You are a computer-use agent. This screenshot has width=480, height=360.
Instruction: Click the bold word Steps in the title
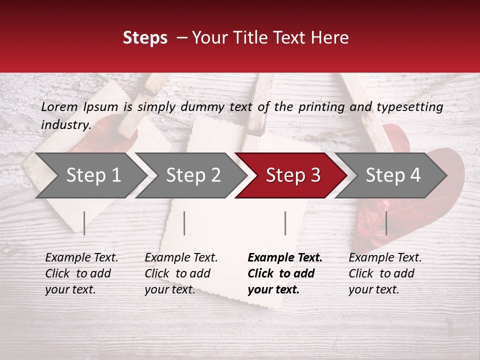pyautogui.click(x=145, y=38)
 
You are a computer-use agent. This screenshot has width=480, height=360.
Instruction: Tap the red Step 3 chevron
pyautogui.click(x=291, y=175)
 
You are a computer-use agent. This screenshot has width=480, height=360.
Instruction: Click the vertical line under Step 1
pyautogui.click(x=84, y=223)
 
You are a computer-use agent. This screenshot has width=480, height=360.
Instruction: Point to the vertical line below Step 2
pyautogui.click(x=184, y=223)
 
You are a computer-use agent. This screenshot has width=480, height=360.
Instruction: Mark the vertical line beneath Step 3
pyautogui.click(x=285, y=223)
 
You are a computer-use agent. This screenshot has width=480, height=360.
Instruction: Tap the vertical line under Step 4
pyautogui.click(x=386, y=223)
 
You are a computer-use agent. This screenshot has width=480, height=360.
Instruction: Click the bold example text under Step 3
pyautogui.click(x=285, y=273)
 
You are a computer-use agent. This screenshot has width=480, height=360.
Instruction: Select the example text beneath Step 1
pyautogui.click(x=81, y=273)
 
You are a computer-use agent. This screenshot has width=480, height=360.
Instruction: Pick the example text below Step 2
pyautogui.click(x=181, y=273)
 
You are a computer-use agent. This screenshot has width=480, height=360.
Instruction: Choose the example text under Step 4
pyautogui.click(x=385, y=273)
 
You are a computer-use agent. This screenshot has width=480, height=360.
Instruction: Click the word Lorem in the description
pyautogui.click(x=59, y=106)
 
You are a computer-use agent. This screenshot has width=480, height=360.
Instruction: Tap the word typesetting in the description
pyautogui.click(x=409, y=106)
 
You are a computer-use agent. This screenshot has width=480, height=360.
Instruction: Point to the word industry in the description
pyautogui.click(x=65, y=125)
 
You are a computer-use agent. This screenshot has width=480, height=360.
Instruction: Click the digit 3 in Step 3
pyautogui.click(x=315, y=175)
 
